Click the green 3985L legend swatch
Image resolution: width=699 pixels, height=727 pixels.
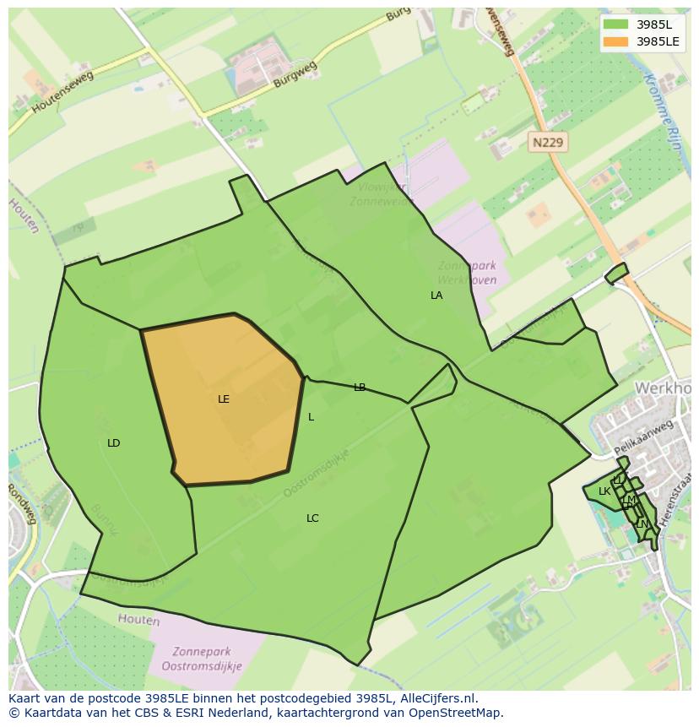pos(616,24)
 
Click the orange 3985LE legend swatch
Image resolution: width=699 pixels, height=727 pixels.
pos(616,41)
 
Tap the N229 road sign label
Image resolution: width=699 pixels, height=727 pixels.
pos(548,143)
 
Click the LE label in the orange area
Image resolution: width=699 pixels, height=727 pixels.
pos(224,399)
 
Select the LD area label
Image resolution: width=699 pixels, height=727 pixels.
pos(114,443)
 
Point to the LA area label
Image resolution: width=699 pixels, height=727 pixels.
pos(436,296)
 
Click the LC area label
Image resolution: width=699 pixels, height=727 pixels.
pos(312,518)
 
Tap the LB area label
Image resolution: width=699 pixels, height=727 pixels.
pos(360,388)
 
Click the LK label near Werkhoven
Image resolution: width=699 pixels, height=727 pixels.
pos(604,491)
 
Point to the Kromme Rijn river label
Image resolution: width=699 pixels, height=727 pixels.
pos(664,110)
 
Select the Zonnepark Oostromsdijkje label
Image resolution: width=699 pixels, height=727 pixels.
pos(206,659)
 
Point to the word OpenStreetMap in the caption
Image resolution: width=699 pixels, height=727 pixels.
pos(459,712)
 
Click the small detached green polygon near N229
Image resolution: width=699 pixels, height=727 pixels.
pos(616,274)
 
